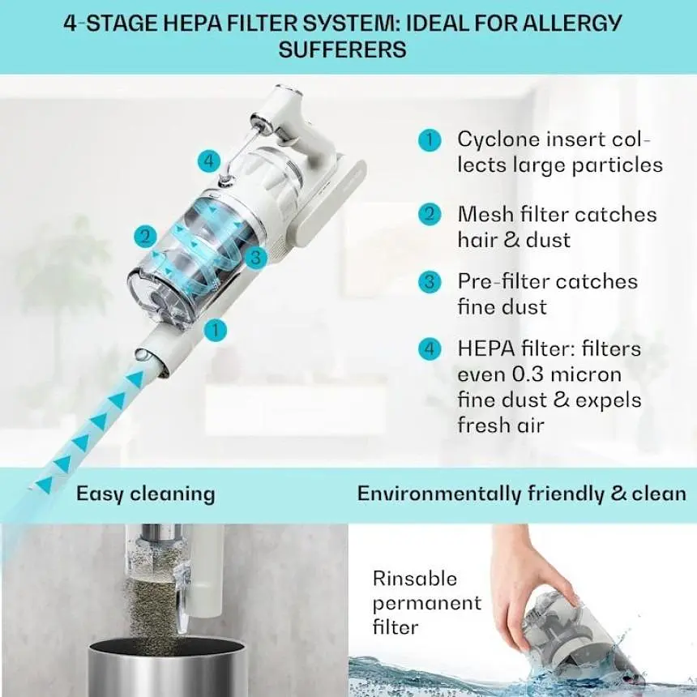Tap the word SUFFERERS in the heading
pos(342,49)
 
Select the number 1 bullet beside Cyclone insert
pos(430,140)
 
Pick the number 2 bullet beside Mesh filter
pos(430,214)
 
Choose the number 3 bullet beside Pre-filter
pos(430,282)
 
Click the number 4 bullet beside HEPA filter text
pos(430,349)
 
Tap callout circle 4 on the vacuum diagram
pos(209,161)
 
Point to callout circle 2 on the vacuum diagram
pos(145,236)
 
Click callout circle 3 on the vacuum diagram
pos(255,257)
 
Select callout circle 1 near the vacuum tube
pos(215,331)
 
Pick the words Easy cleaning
pos(145,494)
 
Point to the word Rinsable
pos(415,579)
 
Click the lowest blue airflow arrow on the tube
pos(45,484)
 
